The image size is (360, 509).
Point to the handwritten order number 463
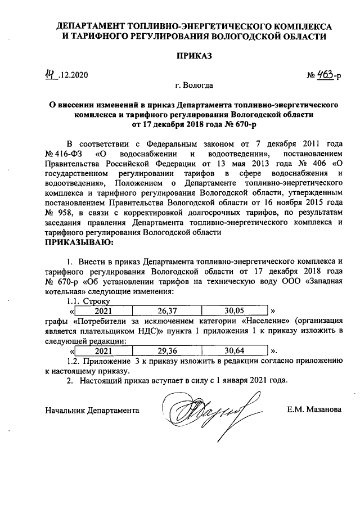coord(324,74)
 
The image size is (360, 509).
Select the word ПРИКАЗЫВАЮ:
coord(79,242)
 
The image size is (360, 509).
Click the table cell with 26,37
coord(166,310)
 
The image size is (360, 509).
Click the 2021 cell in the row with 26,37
coord(103,310)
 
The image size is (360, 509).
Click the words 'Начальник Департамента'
coord(92,411)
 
